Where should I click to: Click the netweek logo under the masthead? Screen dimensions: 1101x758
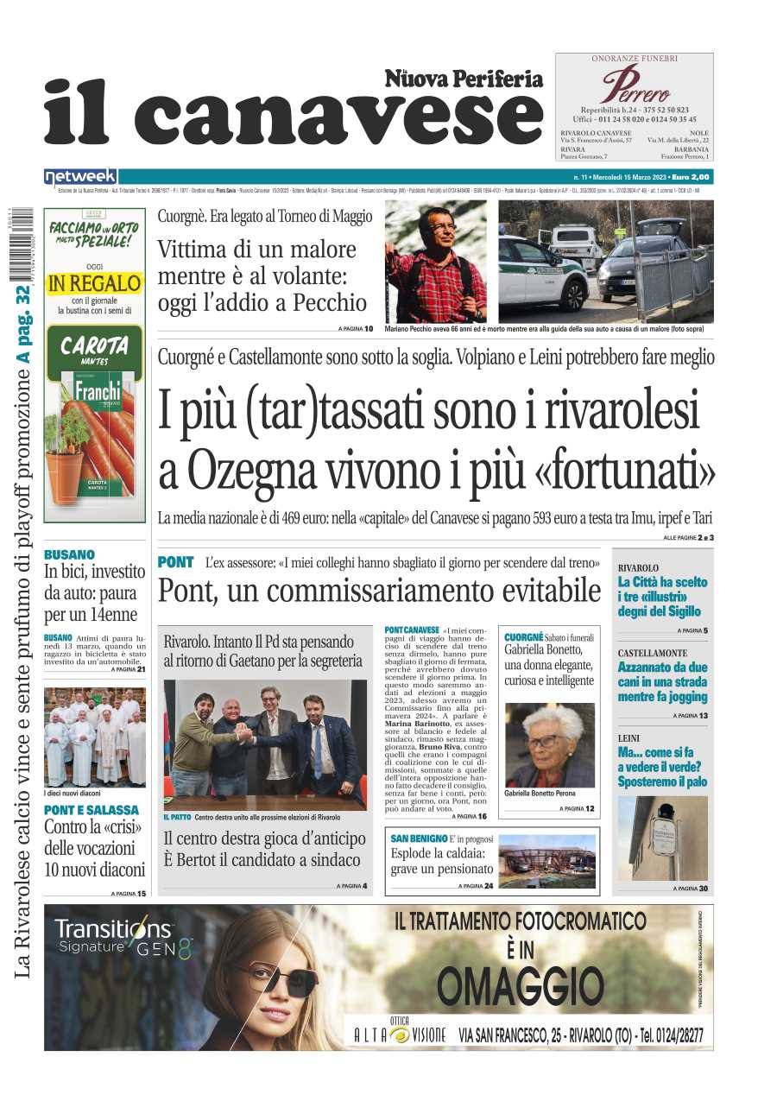tap(80, 177)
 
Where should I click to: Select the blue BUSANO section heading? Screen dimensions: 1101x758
tap(69, 554)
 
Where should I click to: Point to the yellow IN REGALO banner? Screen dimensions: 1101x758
tap(94, 282)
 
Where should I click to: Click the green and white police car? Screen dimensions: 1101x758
tap(541, 272)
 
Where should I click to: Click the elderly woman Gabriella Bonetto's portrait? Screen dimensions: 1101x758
tap(549, 744)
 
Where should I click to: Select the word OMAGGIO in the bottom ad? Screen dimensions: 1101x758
tap(520, 985)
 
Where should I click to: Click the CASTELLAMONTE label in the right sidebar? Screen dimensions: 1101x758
tap(653, 653)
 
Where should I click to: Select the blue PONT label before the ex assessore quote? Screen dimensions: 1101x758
tap(175, 562)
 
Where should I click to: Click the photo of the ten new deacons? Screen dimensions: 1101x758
tap(94, 737)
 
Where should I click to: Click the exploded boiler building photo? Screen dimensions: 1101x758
tap(546, 861)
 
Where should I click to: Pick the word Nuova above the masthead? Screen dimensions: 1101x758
tap(416, 79)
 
